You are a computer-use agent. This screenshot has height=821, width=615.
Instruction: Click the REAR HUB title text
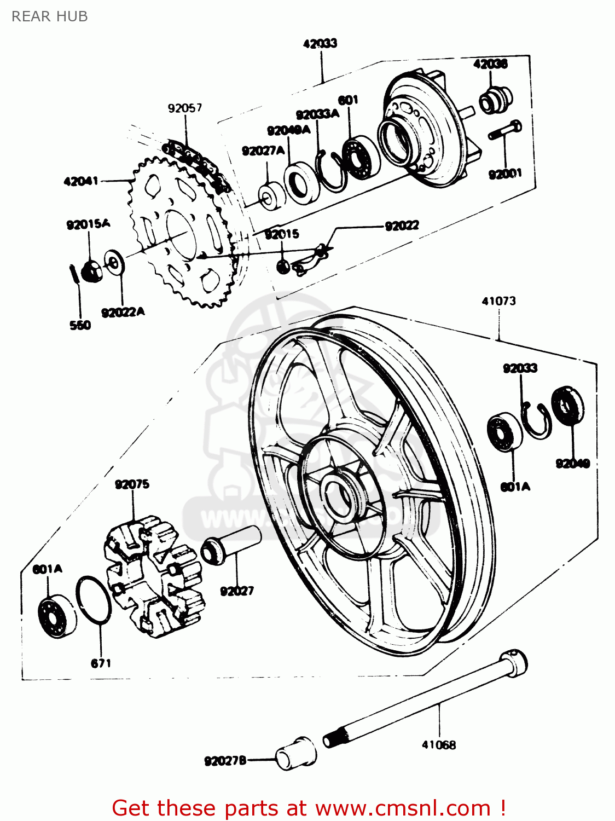pyautogui.click(x=49, y=16)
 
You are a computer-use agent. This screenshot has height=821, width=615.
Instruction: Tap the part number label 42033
pyautogui.click(x=320, y=43)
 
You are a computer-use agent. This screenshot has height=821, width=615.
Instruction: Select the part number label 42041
pyautogui.click(x=81, y=181)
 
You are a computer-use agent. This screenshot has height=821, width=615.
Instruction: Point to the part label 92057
pyautogui.click(x=185, y=108)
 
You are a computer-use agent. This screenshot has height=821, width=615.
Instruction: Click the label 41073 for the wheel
pyautogui.click(x=498, y=300)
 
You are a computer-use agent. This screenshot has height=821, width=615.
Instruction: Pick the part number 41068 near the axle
pyautogui.click(x=439, y=744)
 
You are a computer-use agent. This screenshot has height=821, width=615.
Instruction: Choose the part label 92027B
pyautogui.click(x=225, y=761)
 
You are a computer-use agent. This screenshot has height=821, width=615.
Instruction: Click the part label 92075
pyautogui.click(x=132, y=484)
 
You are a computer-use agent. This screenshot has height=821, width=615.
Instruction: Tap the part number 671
pyautogui.click(x=101, y=663)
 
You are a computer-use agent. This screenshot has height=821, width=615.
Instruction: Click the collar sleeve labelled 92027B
pyautogui.click(x=296, y=753)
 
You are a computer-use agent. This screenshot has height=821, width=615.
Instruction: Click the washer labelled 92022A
pyautogui.click(x=114, y=263)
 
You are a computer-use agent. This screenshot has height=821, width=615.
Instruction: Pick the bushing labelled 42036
pyautogui.click(x=495, y=100)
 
